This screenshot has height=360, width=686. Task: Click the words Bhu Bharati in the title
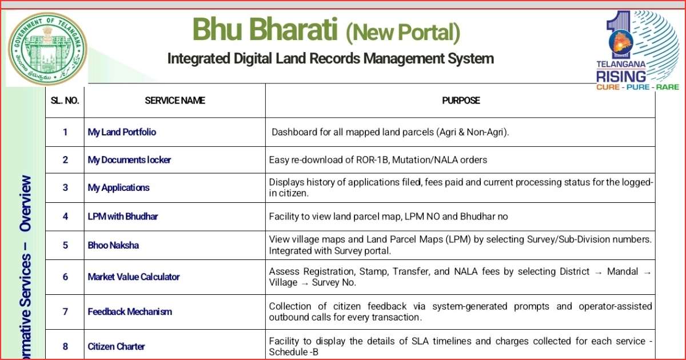point(265,29)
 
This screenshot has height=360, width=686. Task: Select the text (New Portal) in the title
point(403,32)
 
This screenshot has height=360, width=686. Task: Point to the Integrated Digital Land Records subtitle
point(330,58)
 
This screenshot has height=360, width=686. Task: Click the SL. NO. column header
point(65,101)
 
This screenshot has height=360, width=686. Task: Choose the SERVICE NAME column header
point(175,101)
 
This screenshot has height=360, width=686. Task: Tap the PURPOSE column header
point(461,101)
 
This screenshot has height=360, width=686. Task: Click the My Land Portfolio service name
point(122,132)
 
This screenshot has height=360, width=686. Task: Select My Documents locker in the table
point(129,160)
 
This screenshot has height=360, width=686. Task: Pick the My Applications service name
point(118,187)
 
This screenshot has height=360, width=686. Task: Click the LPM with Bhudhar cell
point(122,217)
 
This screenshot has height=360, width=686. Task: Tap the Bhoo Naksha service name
point(113,245)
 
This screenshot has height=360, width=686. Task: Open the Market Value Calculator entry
point(134,277)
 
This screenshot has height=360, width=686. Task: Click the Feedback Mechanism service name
point(130,311)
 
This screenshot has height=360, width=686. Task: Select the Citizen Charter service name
point(116,346)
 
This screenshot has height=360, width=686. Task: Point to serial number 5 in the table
point(65,245)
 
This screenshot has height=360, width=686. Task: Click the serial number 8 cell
point(65,346)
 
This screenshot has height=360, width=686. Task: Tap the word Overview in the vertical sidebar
point(25,203)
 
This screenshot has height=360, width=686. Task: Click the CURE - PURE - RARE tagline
point(637,87)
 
